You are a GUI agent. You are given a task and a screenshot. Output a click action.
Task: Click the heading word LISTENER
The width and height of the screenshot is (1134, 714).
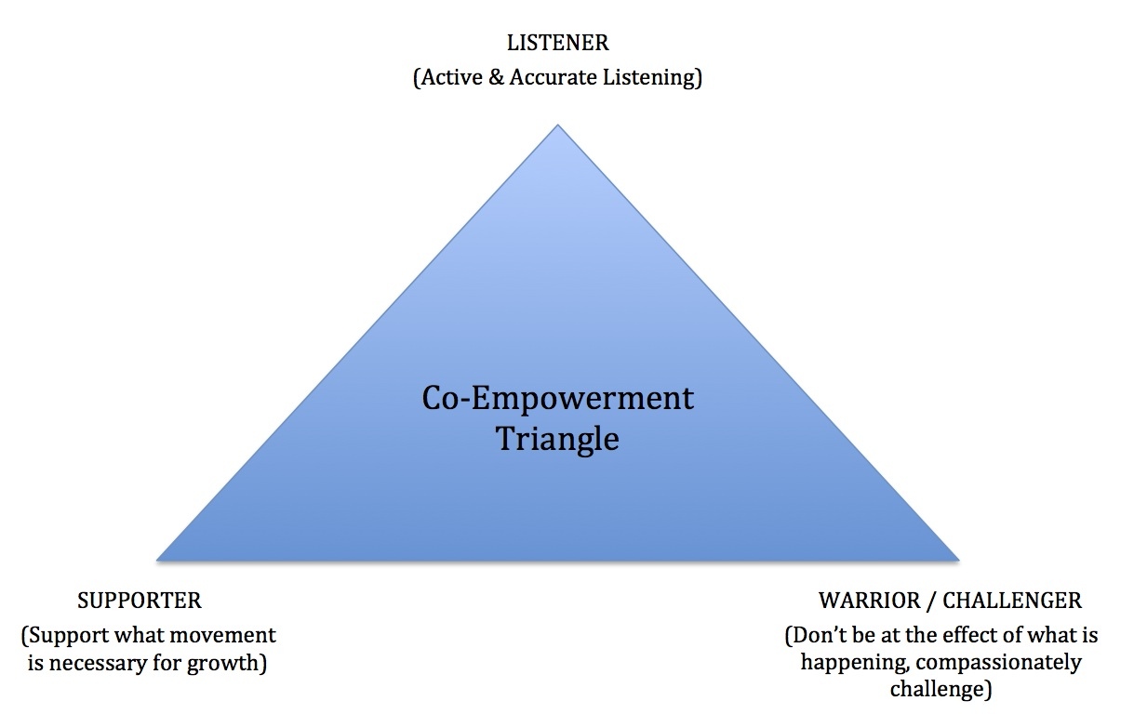pos(557,43)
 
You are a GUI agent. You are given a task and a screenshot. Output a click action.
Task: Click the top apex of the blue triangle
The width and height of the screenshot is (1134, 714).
pos(557,126)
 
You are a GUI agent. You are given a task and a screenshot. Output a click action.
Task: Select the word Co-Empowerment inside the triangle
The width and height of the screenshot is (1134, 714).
pos(557,399)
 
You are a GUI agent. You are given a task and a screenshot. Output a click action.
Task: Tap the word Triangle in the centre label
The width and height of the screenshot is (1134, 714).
pos(557,438)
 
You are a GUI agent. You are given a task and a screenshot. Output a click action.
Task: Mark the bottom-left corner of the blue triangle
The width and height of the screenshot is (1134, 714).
pos(158,560)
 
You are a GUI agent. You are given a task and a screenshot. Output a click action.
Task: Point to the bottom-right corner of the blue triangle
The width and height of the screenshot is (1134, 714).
pos(958,560)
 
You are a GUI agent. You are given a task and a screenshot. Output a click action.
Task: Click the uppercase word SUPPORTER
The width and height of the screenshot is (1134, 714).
pos(140,601)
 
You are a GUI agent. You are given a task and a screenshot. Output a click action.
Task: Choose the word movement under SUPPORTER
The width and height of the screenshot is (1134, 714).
pos(228,636)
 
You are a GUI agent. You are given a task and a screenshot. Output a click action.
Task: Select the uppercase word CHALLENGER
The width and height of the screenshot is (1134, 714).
pos(1012,601)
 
